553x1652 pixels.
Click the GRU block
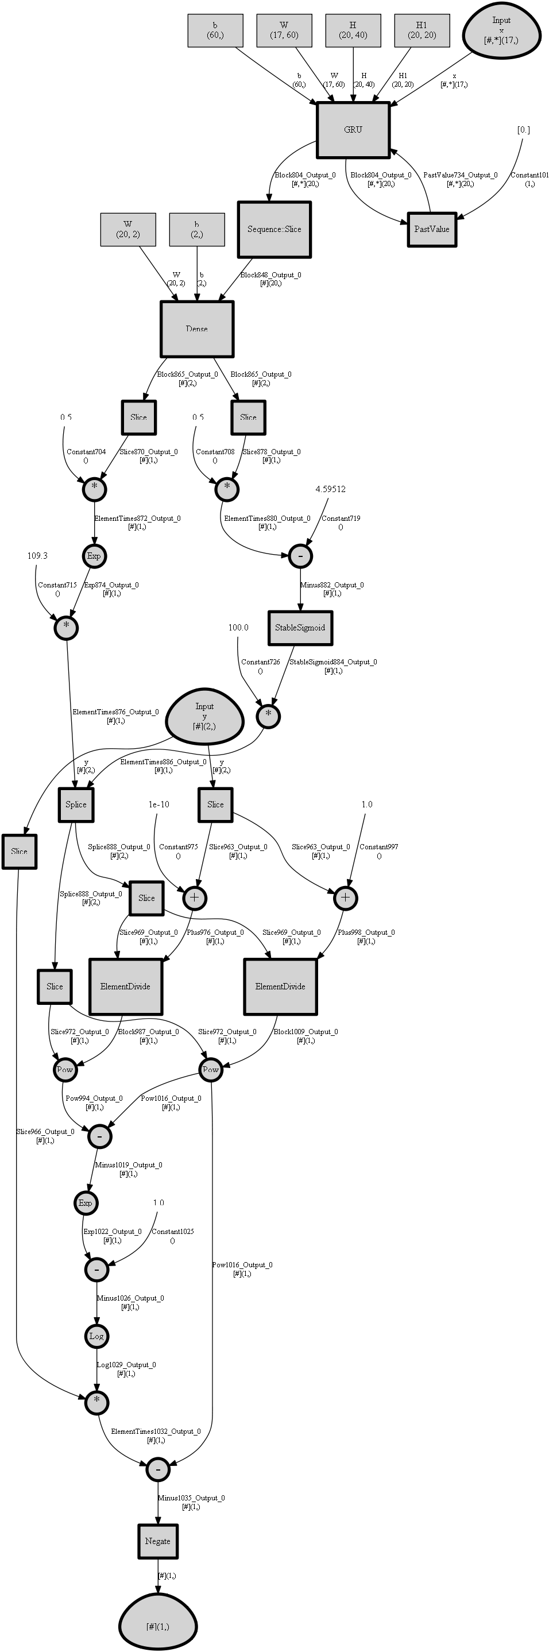353,130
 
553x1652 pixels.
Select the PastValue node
432,229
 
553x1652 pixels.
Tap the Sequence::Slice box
274,230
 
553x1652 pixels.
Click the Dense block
197,329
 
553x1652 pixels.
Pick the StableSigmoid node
300,627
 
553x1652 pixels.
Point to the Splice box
76,804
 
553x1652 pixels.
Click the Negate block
158,1541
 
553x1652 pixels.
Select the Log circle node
96,1336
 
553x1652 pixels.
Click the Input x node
501,29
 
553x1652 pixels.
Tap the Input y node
204,715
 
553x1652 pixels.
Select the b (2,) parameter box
197,229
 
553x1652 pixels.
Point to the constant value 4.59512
330,489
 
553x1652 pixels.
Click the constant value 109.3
37,555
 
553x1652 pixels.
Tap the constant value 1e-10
158,804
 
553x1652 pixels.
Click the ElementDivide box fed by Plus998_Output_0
280,986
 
